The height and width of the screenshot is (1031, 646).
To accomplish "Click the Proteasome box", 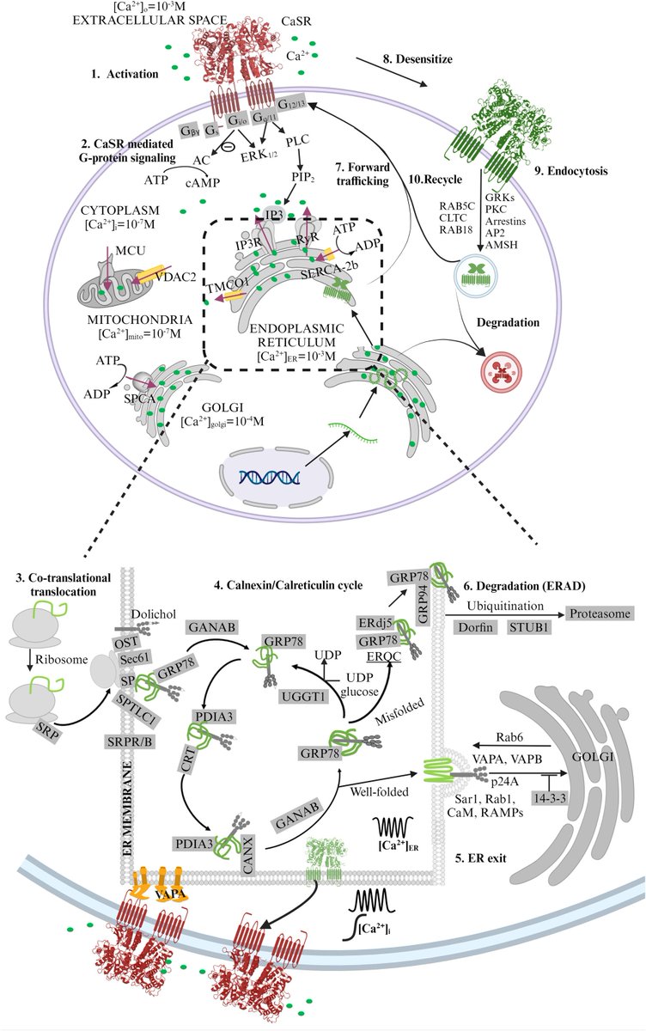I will click(x=598, y=613).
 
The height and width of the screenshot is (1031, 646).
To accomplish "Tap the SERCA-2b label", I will click(x=326, y=270).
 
